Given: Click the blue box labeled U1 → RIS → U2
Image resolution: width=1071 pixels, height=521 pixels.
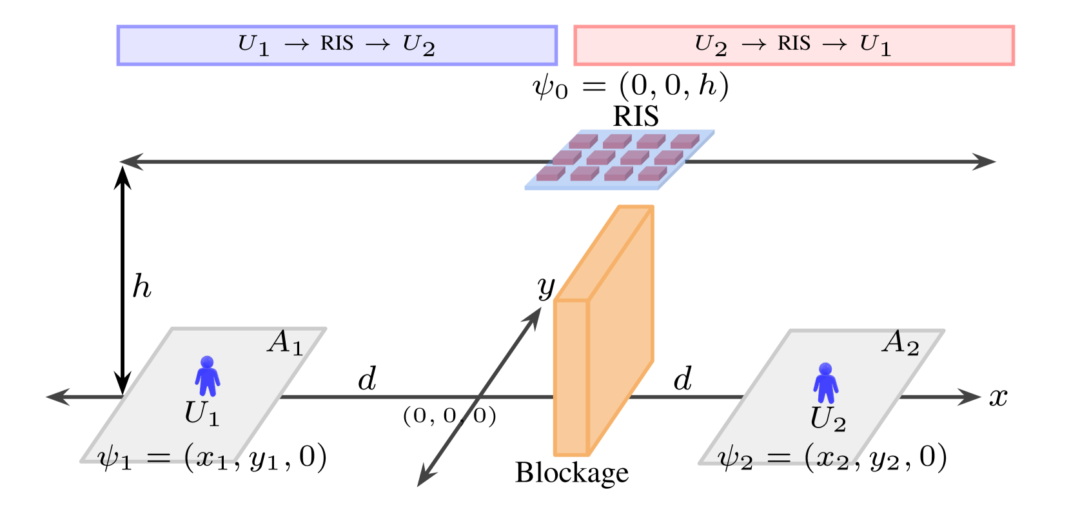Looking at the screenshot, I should coord(337,45).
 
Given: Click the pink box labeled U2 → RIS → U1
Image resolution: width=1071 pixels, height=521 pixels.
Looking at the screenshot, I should coord(794,45).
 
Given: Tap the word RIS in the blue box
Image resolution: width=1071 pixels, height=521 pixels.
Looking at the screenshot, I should coord(337,44).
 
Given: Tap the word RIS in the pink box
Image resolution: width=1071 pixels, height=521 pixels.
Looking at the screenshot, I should coord(794,44).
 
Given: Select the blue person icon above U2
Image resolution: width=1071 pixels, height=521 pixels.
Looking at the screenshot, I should coord(825,383).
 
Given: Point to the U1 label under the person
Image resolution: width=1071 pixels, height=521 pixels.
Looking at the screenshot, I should coord(202,413).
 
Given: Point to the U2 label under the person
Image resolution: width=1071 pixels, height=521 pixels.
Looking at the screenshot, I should coord(828,419).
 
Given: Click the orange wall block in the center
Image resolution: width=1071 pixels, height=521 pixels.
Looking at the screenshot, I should coord(603,335).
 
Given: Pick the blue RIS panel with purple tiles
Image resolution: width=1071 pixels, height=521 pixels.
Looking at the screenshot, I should coord(620,159).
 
